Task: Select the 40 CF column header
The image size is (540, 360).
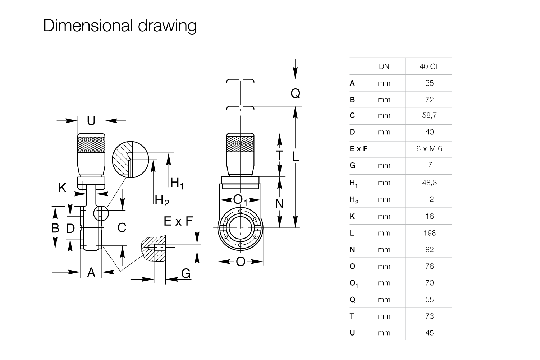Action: pyautogui.click(x=429, y=66)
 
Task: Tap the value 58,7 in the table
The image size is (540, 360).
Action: pyautogui.click(x=429, y=115)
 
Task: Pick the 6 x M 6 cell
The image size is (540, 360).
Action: pyautogui.click(x=429, y=148)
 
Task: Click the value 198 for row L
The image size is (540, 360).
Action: pyautogui.click(x=430, y=233)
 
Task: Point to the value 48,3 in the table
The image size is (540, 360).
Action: pyautogui.click(x=429, y=183)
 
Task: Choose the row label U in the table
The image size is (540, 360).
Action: pyautogui.click(x=352, y=333)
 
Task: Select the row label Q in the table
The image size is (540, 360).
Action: pyautogui.click(x=352, y=300)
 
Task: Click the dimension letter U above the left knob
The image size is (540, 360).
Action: pyautogui.click(x=91, y=121)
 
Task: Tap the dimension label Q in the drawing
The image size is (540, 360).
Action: pyautogui.click(x=295, y=93)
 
